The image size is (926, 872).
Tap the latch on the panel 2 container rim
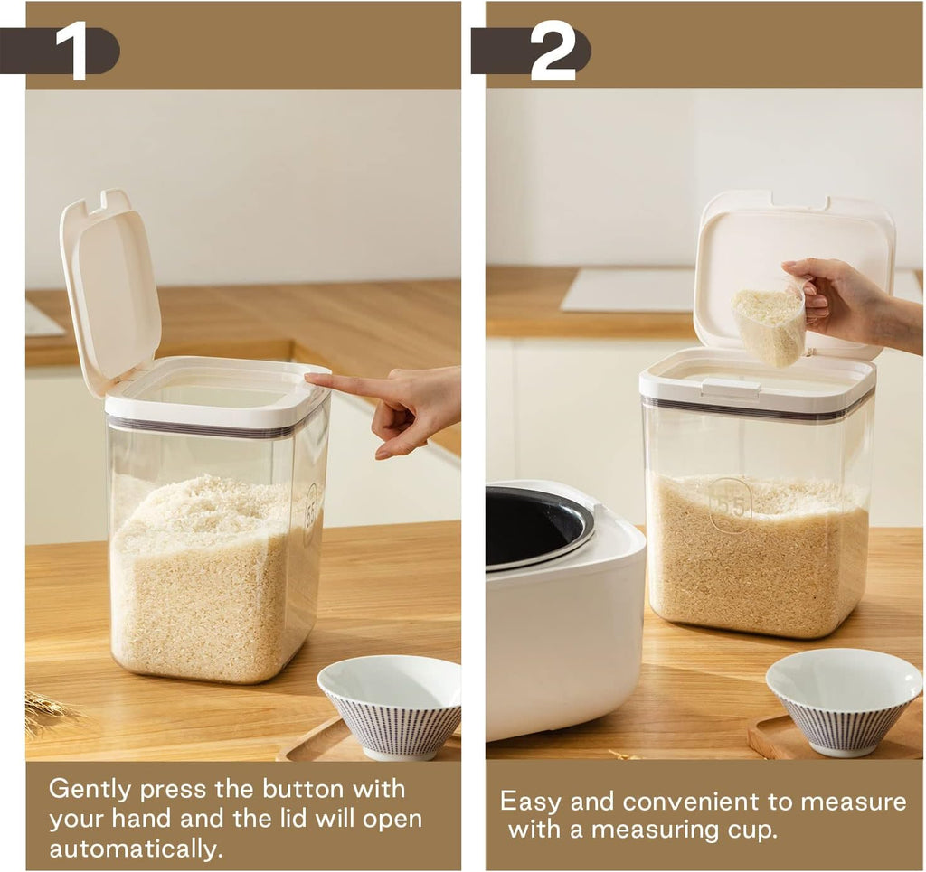(x=731, y=389)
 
